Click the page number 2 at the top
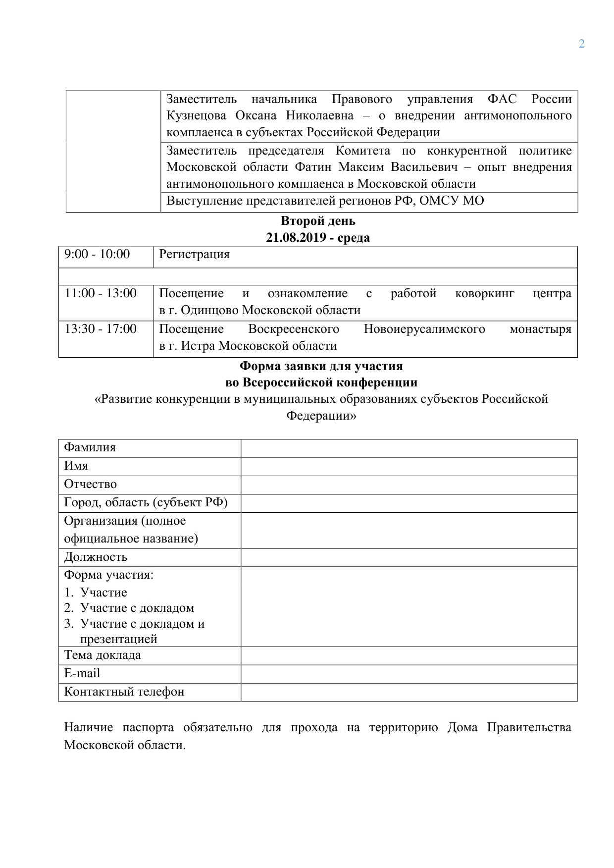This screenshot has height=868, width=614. (x=581, y=44)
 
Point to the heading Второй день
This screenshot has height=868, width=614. (x=318, y=221)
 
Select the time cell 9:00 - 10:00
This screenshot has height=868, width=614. (x=97, y=255)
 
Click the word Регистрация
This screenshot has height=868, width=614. (x=194, y=255)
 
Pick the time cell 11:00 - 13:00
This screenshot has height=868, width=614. (x=101, y=293)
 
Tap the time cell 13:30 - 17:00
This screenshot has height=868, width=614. (x=101, y=329)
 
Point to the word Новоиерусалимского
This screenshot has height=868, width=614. (x=424, y=329)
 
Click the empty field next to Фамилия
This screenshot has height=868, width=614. (x=409, y=448)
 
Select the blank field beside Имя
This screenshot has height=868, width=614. (x=409, y=467)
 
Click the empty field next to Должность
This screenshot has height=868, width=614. (x=409, y=557)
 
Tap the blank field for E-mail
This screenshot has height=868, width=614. (x=409, y=674)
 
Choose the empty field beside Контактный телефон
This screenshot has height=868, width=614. (x=409, y=692)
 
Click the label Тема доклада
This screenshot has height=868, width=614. (x=102, y=655)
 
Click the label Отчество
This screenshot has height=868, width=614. (x=90, y=485)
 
